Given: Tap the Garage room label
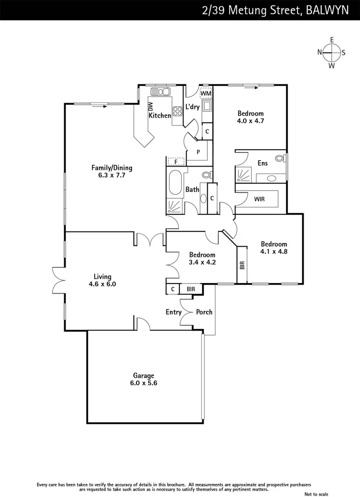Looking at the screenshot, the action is coord(144,376).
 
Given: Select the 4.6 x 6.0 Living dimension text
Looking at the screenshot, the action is coord(103,284).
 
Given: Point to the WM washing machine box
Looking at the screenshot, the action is coord(206,93).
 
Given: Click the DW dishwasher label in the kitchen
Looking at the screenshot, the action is coord(150,107).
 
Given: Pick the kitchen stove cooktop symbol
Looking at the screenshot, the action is coord(177,111).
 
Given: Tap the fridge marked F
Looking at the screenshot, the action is coord(176,162).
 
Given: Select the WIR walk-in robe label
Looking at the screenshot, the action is coord(259,199).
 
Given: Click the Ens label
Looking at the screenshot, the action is coord(263,163).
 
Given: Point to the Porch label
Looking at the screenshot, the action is coord(204,312).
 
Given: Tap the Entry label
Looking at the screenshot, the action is coord(173,312).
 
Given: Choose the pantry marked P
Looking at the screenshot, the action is coord(198,152).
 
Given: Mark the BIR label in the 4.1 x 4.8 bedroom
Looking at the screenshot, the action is coord(242,265).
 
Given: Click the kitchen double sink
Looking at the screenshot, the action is coord(160,92).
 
